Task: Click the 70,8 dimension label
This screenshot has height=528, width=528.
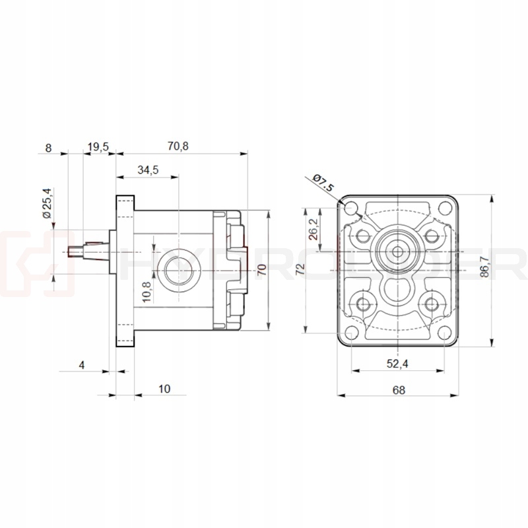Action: click(x=178, y=147)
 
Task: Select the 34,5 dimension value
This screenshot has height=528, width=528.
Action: click(x=148, y=170)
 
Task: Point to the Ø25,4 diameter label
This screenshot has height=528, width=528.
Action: click(x=47, y=203)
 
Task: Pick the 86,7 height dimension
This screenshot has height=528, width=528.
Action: click(x=503, y=268)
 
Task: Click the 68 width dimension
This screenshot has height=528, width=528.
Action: click(x=398, y=389)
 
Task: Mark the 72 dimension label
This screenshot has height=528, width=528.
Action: click(x=300, y=269)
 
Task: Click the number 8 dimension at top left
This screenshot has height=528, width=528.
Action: click(x=48, y=147)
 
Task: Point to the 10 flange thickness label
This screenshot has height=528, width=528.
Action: click(x=164, y=389)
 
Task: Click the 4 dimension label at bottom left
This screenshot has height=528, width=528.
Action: click(x=82, y=364)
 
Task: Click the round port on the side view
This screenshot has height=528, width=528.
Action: click(x=177, y=271)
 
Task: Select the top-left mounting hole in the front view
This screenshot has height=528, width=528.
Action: click(x=352, y=209)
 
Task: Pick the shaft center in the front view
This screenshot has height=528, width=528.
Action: click(x=398, y=251)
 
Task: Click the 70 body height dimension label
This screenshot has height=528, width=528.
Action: click(x=261, y=269)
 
